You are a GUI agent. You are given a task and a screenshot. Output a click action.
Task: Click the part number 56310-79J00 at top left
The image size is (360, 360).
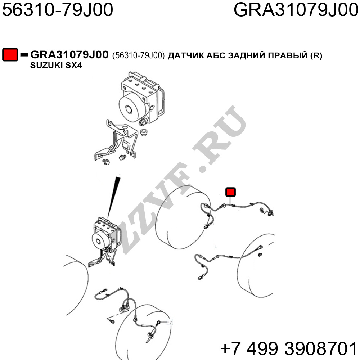57,10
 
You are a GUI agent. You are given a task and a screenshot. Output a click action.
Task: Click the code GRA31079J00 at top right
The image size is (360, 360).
296,10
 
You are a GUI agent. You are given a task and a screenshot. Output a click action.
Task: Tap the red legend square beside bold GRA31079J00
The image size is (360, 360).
10,55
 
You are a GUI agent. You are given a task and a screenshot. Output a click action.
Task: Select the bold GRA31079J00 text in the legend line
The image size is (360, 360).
69,55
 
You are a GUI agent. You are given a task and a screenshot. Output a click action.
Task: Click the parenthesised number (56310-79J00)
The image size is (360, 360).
139,55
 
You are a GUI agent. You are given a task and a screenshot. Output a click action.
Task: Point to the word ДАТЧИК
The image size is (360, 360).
186,55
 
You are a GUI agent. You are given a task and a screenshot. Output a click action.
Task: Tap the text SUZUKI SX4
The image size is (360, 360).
56,66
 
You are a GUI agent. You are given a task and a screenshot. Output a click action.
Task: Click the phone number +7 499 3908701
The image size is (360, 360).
289,348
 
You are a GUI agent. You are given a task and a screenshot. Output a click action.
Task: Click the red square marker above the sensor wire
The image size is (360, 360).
230,192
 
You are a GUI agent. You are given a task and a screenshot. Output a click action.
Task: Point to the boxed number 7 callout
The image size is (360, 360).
170,322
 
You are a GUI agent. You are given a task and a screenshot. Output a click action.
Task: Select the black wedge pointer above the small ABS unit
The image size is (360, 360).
113,197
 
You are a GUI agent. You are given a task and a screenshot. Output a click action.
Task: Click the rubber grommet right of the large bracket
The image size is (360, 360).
144,133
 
